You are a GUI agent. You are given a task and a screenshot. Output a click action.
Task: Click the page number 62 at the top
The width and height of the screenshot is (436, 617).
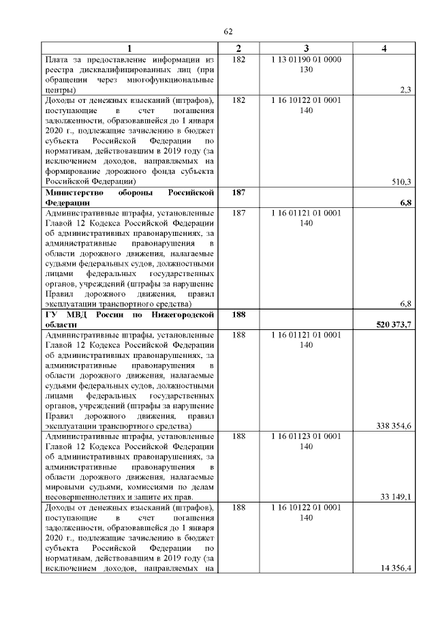[x=229, y=32]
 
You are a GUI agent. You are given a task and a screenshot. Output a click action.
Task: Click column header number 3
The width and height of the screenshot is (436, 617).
[x=306, y=49]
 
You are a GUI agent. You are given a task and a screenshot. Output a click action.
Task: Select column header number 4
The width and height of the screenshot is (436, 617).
[x=385, y=49]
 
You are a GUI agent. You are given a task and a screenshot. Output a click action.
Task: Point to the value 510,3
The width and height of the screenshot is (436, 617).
[x=402, y=182]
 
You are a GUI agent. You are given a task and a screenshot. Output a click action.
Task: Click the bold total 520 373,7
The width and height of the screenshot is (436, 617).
[x=394, y=325]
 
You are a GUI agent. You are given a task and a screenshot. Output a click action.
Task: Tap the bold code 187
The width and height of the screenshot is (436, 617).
[x=238, y=194]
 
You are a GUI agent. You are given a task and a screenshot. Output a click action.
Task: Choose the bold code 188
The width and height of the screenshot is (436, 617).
[x=238, y=315]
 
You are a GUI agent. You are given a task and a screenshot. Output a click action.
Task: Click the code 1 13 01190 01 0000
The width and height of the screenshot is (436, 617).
[x=306, y=60]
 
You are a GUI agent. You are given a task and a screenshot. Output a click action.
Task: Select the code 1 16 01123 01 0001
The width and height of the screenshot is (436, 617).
[x=306, y=436]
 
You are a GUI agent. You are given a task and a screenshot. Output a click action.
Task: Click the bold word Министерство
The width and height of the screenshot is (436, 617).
[x=74, y=194]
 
